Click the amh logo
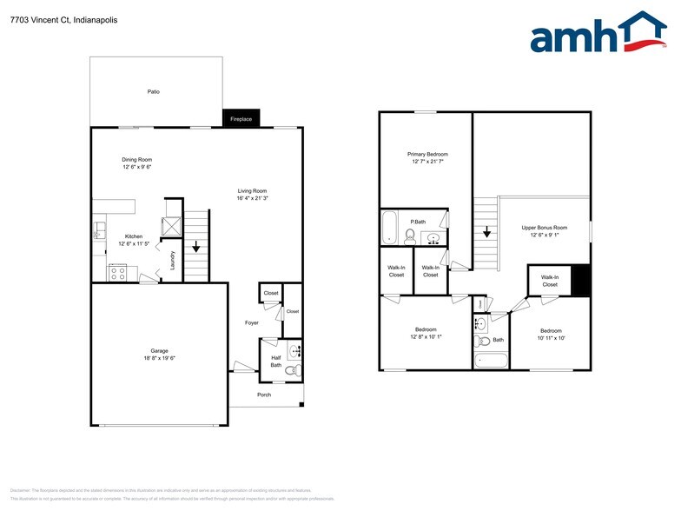pos(598,35)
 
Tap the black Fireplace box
pos(241,119)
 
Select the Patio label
pos(153,91)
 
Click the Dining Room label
pos(136,160)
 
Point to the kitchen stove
pos(117,272)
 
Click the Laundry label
pos(174,259)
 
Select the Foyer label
pos(252,322)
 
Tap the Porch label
pos(263,395)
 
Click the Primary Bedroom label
pos(427,154)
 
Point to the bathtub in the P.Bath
pos(388,229)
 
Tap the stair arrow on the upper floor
pos(486,231)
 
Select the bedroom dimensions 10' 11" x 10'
pos(551,338)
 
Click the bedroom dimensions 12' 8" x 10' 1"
pos(426,337)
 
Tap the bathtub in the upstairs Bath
pos(484,360)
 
